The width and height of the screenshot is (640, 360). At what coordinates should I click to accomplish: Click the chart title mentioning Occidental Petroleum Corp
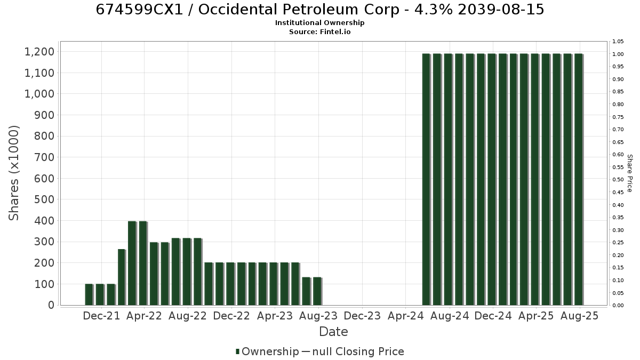(x=319, y=10)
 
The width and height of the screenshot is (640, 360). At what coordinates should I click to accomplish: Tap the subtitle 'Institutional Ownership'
(x=319, y=23)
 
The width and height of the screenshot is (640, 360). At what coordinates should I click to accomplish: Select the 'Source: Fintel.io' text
(x=319, y=31)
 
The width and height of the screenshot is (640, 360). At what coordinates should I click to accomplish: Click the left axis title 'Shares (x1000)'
(x=13, y=173)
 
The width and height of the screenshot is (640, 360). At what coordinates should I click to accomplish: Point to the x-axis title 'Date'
(x=333, y=332)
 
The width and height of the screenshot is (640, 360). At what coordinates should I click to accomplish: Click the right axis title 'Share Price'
(x=630, y=173)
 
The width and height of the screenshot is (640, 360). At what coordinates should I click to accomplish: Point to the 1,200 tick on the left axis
(x=39, y=52)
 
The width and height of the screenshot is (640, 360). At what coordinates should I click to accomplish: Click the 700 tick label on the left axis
(x=44, y=157)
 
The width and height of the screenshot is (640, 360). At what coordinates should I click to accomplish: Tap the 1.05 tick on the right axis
(x=618, y=42)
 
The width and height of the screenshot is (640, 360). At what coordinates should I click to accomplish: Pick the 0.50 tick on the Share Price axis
(x=618, y=179)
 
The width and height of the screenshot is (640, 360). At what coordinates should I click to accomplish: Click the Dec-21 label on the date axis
(x=101, y=316)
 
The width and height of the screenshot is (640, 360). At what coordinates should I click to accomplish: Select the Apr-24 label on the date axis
(x=405, y=316)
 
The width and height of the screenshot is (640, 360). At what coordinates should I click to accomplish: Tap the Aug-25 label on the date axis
(x=579, y=316)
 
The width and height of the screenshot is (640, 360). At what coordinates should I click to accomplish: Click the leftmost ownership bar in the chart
(x=89, y=294)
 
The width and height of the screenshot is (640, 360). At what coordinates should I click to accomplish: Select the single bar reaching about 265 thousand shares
(x=122, y=277)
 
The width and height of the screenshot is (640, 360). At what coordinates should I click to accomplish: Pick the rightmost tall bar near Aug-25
(x=579, y=179)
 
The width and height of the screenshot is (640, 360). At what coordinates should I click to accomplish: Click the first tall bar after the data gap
(x=426, y=179)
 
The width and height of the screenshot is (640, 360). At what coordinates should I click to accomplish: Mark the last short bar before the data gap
(x=317, y=291)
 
